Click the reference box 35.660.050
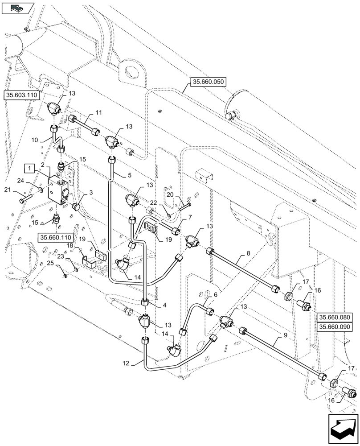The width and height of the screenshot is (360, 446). point(209,82)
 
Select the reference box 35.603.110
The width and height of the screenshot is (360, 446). point(22,95)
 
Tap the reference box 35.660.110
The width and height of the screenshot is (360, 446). point(55,237)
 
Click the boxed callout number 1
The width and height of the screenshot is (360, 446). point(29,168)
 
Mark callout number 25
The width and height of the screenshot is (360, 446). point(51,264)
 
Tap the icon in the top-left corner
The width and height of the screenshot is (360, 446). point(17,8)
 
